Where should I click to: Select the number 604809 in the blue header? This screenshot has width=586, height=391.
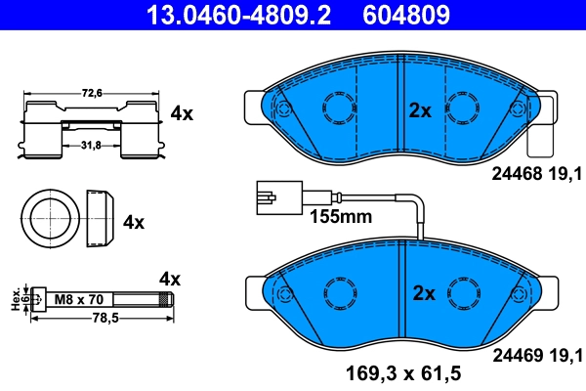click(x=406, y=15)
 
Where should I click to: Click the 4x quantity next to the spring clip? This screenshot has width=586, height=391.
click(x=182, y=113)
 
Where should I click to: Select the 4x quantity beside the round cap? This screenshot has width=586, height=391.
click(x=134, y=222)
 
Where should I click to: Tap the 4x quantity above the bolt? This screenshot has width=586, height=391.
click(x=170, y=280)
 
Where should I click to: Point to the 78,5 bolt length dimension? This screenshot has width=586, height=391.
click(x=92, y=318)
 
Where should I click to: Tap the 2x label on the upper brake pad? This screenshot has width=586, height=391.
click(x=420, y=110)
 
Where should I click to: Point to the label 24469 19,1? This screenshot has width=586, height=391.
click(x=532, y=354)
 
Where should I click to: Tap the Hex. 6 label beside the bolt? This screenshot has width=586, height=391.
click(x=16, y=300)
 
